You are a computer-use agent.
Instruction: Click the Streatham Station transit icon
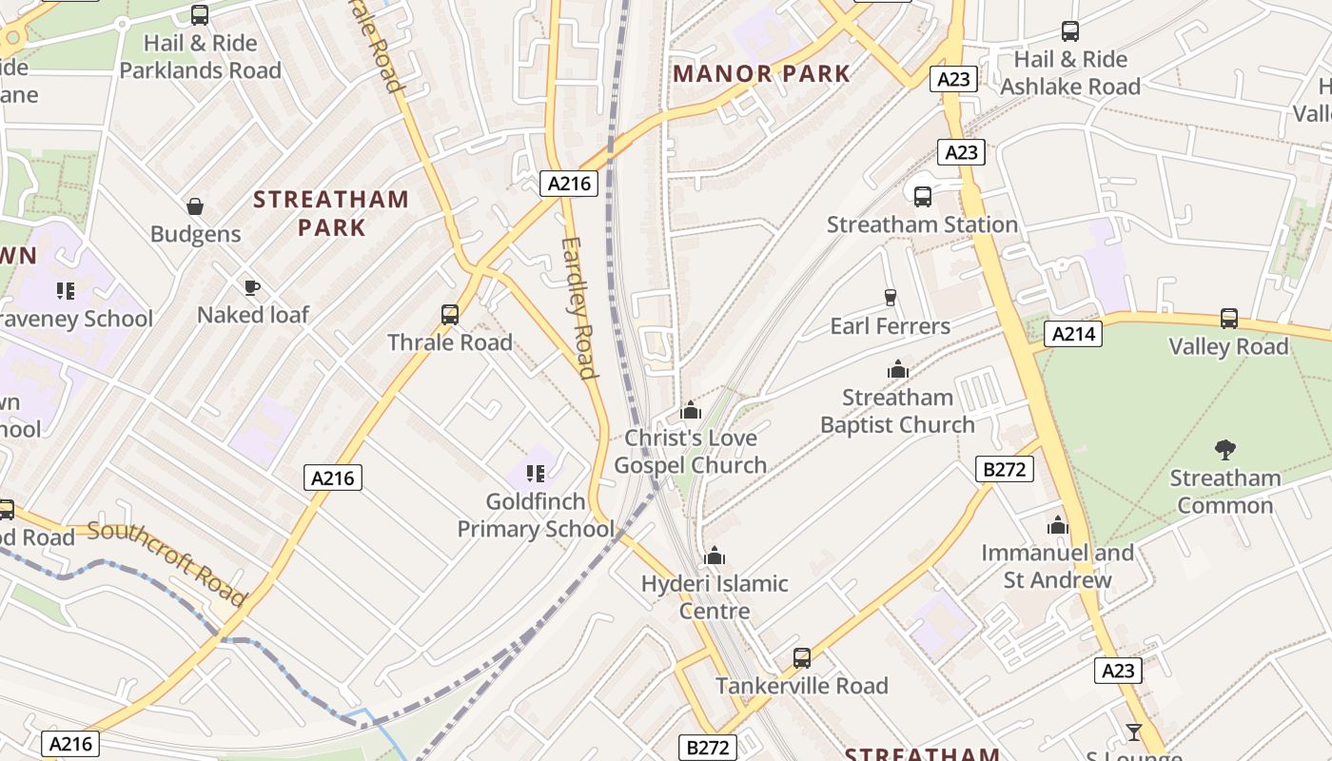point(923,197)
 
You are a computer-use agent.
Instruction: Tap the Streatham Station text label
point(922,224)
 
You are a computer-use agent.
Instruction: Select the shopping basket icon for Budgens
point(195,206)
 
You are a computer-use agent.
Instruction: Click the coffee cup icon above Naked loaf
point(252,287)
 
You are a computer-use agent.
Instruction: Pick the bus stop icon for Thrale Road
point(450,315)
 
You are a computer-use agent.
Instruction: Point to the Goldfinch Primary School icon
point(536,473)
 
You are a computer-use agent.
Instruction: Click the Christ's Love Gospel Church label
point(691,452)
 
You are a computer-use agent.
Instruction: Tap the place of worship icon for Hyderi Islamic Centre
point(715,556)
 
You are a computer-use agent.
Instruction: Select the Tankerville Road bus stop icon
point(802,658)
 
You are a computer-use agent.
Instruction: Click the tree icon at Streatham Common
point(1225,450)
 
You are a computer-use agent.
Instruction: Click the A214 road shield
point(1073,334)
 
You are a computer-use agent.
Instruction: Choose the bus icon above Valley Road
point(1229,319)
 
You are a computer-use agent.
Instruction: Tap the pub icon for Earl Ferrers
point(891,298)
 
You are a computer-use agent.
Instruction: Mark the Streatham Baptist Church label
point(897,411)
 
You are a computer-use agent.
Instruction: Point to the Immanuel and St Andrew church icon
point(1058,526)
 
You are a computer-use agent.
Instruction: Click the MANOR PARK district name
point(761,73)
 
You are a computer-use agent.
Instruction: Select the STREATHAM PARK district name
point(331,213)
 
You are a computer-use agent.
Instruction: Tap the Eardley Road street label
point(578,307)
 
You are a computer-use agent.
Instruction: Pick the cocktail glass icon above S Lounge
point(1133,732)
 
